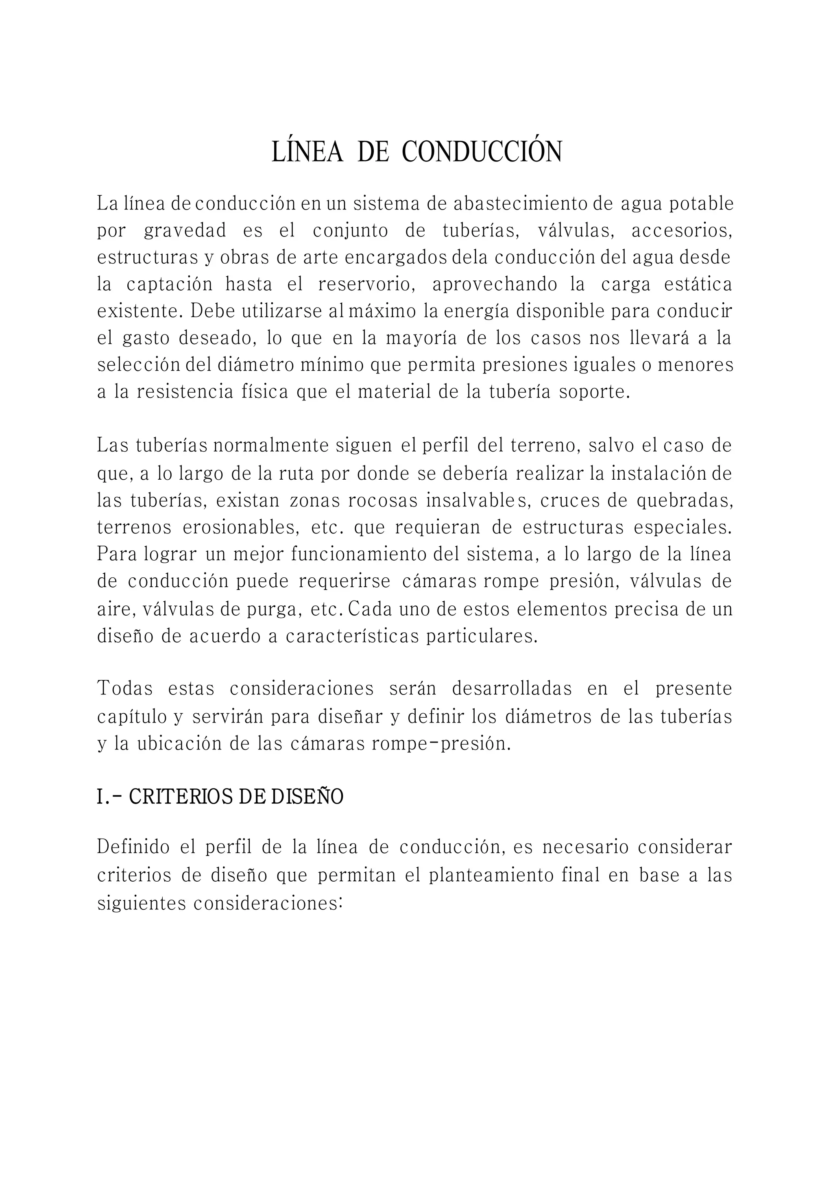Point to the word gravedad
click(x=185, y=231)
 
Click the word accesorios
click(x=682, y=231)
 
